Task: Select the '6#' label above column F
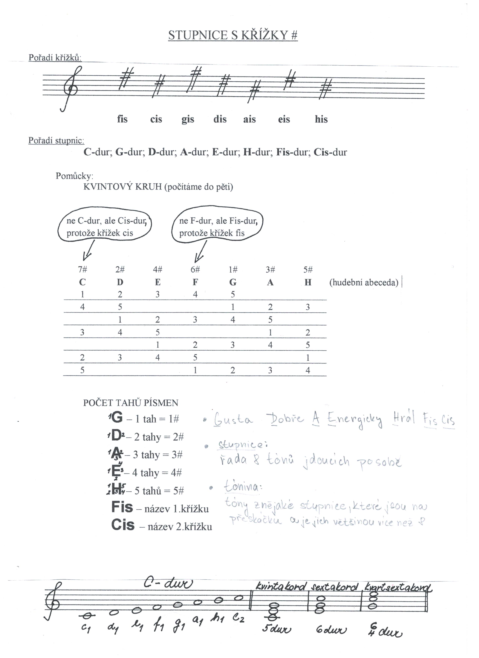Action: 195,270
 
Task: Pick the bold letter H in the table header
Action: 308,282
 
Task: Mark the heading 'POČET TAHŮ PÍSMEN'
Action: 131,403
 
